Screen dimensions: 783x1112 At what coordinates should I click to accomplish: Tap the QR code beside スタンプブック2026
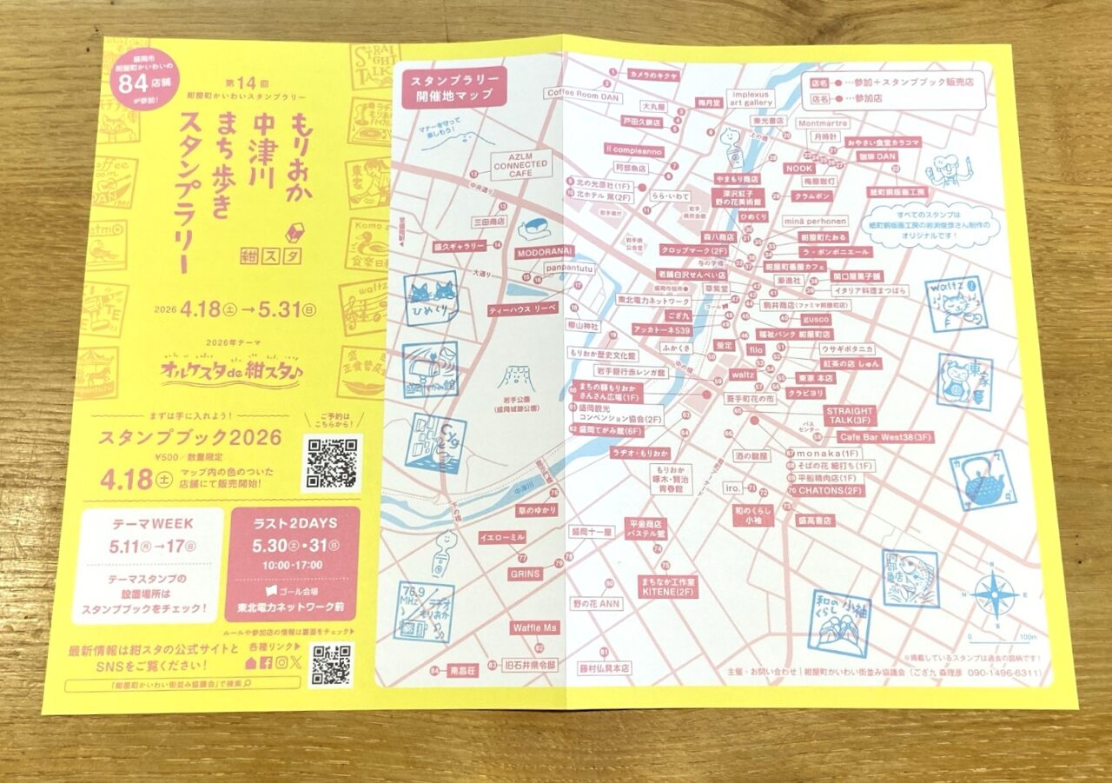331,463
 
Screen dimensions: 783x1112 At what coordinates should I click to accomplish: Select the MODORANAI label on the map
546,251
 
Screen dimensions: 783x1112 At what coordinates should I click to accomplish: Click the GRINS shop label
525,574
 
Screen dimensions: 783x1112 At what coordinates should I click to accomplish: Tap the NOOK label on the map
799,168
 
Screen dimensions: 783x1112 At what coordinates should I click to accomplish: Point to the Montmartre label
821,123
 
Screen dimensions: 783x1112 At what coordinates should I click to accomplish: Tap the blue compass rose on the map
995,596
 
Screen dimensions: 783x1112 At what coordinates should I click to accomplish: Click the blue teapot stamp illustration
982,480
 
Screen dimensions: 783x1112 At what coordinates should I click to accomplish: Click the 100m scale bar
1016,638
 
